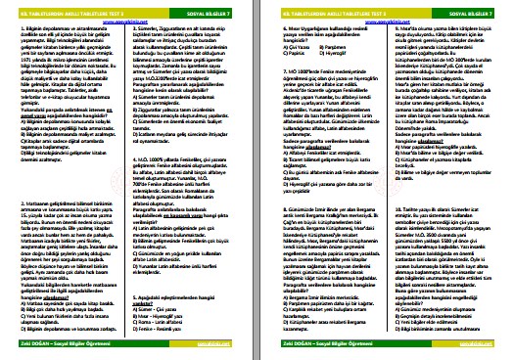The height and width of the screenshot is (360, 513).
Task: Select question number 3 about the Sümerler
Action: [133, 29]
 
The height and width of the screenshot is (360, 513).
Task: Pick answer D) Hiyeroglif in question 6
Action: [329, 51]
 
